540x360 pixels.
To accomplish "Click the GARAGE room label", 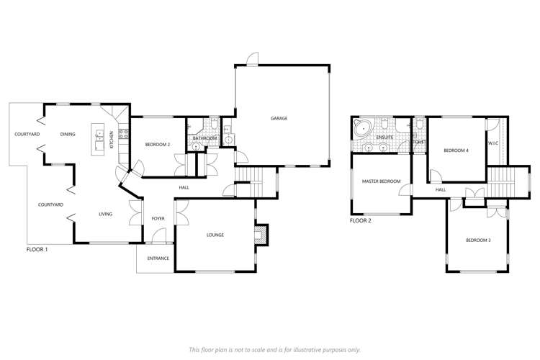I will tap(279, 118).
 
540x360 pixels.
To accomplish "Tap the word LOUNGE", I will tap(215, 235).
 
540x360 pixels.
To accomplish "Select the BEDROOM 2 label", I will tap(157, 145).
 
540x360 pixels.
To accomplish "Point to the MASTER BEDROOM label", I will tap(380, 181).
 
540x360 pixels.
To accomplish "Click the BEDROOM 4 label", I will tap(456, 150).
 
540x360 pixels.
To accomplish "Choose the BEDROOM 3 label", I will tap(477, 239).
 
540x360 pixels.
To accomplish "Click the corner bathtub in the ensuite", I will tap(361, 128).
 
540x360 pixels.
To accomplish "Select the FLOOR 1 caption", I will tap(36, 249).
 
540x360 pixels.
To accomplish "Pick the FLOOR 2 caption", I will tap(361, 221).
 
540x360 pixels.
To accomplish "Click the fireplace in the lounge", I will tap(263, 234).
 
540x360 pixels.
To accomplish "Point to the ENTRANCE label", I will tap(158, 258).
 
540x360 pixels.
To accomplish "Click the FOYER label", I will tap(158, 218).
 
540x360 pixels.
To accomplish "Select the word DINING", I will tap(68, 134).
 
